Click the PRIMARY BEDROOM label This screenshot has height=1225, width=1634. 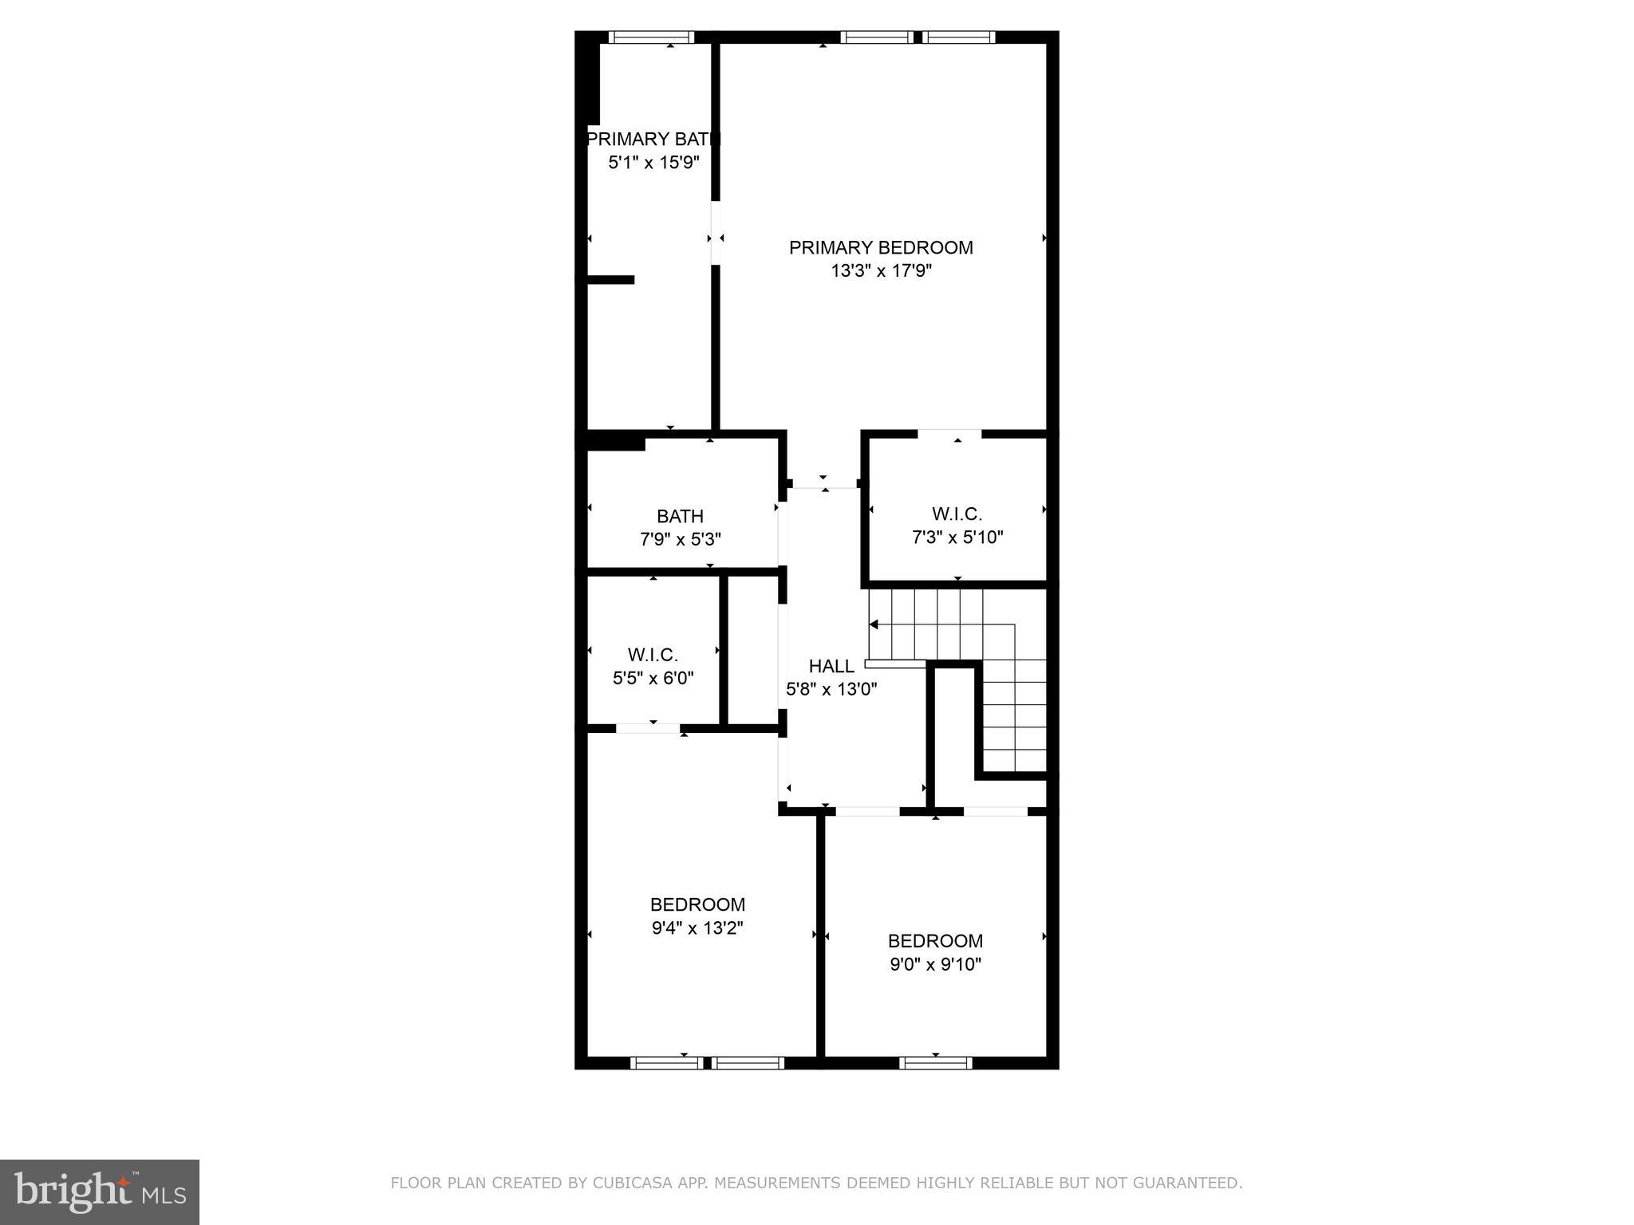(881, 247)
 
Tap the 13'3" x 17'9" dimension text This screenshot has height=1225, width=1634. (881, 271)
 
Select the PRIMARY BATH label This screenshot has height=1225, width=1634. (653, 140)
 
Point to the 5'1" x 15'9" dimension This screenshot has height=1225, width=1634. (653, 163)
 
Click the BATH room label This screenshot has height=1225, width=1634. (680, 516)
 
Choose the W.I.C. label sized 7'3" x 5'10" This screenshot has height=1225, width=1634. (957, 514)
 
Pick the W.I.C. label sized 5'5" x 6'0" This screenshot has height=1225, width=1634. (653, 655)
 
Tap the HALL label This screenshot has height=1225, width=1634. (831, 666)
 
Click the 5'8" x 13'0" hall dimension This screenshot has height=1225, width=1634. (831, 689)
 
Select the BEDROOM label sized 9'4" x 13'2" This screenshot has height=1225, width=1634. (697, 904)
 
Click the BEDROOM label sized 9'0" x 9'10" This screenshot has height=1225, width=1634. (935, 940)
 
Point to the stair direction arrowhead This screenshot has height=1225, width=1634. (874, 624)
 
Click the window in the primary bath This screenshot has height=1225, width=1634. (651, 37)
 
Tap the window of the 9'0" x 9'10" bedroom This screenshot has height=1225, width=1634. (935, 1062)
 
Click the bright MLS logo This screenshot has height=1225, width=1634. (100, 1192)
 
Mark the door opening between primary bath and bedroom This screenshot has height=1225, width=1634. (716, 232)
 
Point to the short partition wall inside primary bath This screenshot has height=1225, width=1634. (610, 279)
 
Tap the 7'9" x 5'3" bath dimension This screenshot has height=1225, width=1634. (680, 540)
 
